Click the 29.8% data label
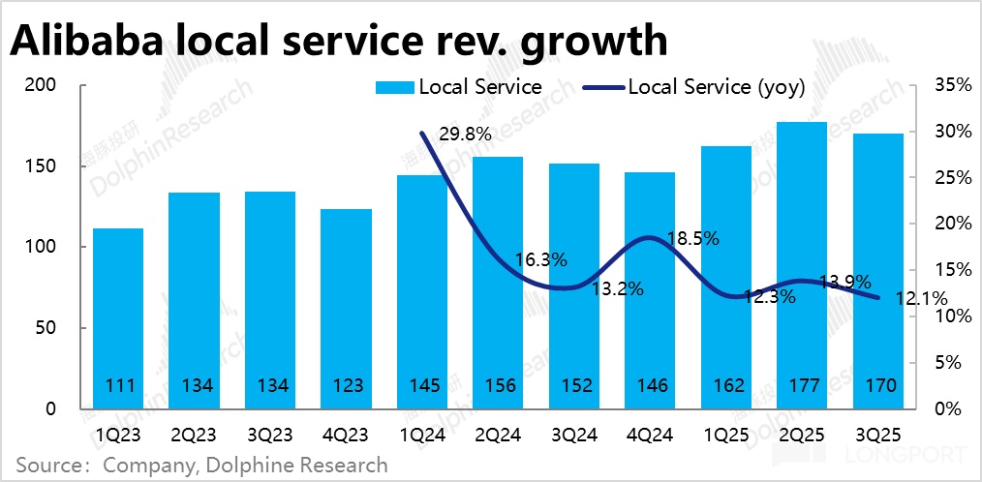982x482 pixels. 466,135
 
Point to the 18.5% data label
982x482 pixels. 693,238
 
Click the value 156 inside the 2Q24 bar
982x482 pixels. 498,386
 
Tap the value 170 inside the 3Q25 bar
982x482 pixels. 877,386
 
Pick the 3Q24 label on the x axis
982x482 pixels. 573,437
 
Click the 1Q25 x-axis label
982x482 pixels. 725,437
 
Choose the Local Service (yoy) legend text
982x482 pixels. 717,86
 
